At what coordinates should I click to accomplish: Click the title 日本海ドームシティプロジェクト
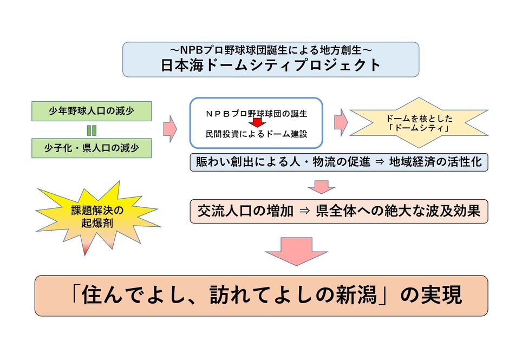click(271, 65)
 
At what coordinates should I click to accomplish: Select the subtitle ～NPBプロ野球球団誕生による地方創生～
click(271, 50)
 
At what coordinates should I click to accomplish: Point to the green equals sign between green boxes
click(92, 130)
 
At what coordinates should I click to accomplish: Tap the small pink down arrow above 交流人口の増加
click(322, 187)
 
